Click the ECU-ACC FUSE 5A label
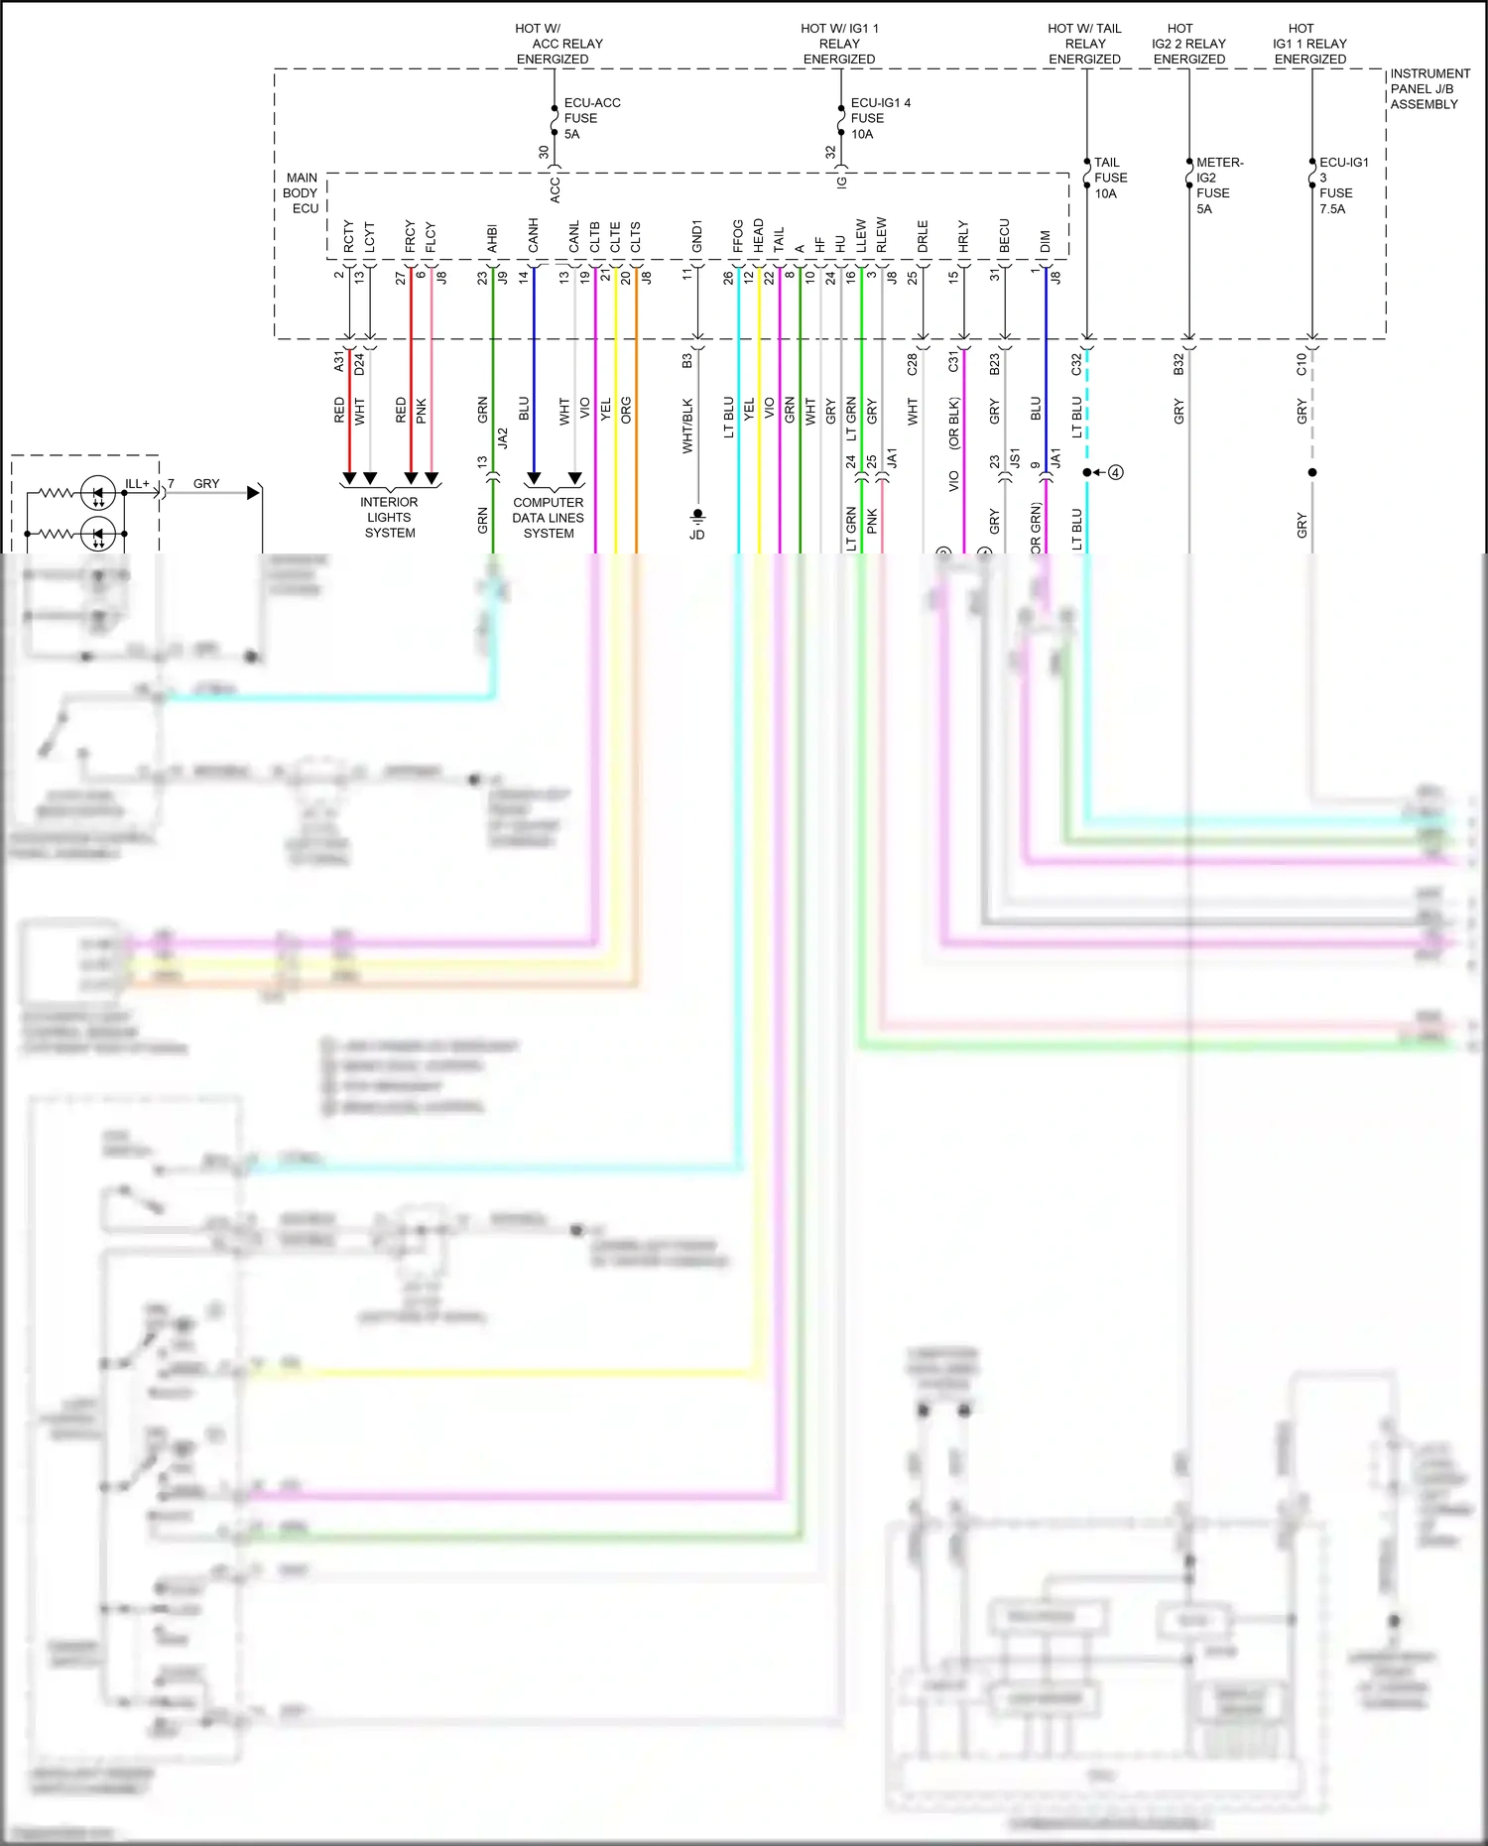pyautogui.click(x=590, y=118)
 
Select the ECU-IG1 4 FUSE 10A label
pyautogui.click(x=879, y=118)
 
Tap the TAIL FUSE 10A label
pyautogui.click(x=1110, y=178)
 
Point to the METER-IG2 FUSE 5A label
pyautogui.click(x=1218, y=185)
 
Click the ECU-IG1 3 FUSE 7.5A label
pyautogui.click(x=1342, y=185)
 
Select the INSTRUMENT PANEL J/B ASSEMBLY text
pyautogui.click(x=1428, y=88)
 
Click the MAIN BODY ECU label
pyautogui.click(x=302, y=192)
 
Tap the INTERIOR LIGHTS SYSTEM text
pyautogui.click(x=389, y=517)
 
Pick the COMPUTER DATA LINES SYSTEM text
pyautogui.click(x=548, y=517)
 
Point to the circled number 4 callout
pyautogui.click(x=1116, y=472)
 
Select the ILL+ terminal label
pyautogui.click(x=137, y=484)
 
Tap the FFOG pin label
pyautogui.click(x=738, y=235)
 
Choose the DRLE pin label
pyautogui.click(x=923, y=235)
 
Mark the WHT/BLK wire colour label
pyautogui.click(x=686, y=426)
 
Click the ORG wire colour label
pyautogui.click(x=626, y=411)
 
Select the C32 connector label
pyautogui.click(x=1076, y=364)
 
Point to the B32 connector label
pyautogui.click(x=1178, y=364)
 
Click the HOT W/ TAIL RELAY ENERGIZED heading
pyautogui.click(x=1084, y=44)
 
